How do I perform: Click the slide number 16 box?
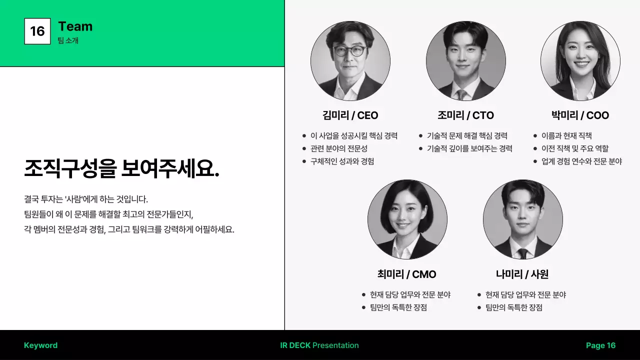pyautogui.click(x=37, y=31)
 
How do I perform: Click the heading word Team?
pyautogui.click(x=75, y=26)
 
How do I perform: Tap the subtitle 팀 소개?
pyautogui.click(x=68, y=40)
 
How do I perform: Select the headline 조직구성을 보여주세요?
pyautogui.click(x=121, y=169)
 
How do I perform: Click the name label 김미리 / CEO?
pyautogui.click(x=350, y=115)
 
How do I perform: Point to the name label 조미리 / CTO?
pyautogui.click(x=465, y=115)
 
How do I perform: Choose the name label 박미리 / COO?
pyautogui.click(x=580, y=115)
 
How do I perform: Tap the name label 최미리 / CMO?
pyautogui.click(x=406, y=274)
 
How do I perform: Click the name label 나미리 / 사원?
pyautogui.click(x=522, y=274)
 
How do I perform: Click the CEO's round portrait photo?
pyautogui.click(x=350, y=61)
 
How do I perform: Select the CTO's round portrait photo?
pyautogui.click(x=465, y=61)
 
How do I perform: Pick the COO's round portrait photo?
pyautogui.click(x=580, y=61)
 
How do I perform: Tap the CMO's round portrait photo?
pyautogui.click(x=407, y=219)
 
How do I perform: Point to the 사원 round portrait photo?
pyautogui.click(x=522, y=219)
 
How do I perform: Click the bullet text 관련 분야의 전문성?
pyautogui.click(x=339, y=148)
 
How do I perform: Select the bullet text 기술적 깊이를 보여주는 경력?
pyautogui.click(x=469, y=148)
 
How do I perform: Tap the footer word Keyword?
pyautogui.click(x=40, y=345)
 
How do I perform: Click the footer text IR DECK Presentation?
pyautogui.click(x=319, y=345)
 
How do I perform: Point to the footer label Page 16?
pyautogui.click(x=600, y=345)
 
